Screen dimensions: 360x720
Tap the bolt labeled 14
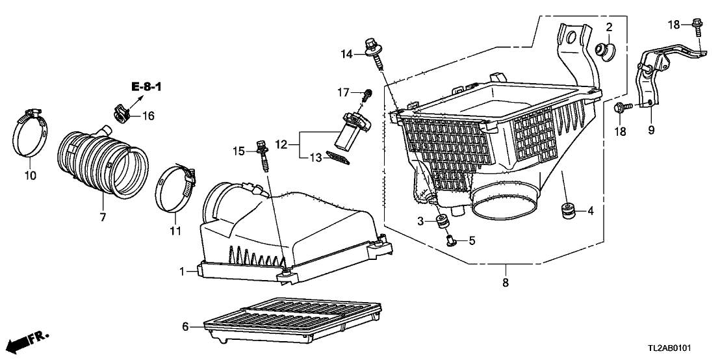coord(376,52)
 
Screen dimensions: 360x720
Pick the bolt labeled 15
coord(264,153)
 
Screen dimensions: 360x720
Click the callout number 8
coord(505,282)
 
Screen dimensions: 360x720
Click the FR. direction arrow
coord(29,341)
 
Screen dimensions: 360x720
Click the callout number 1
coord(184,270)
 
